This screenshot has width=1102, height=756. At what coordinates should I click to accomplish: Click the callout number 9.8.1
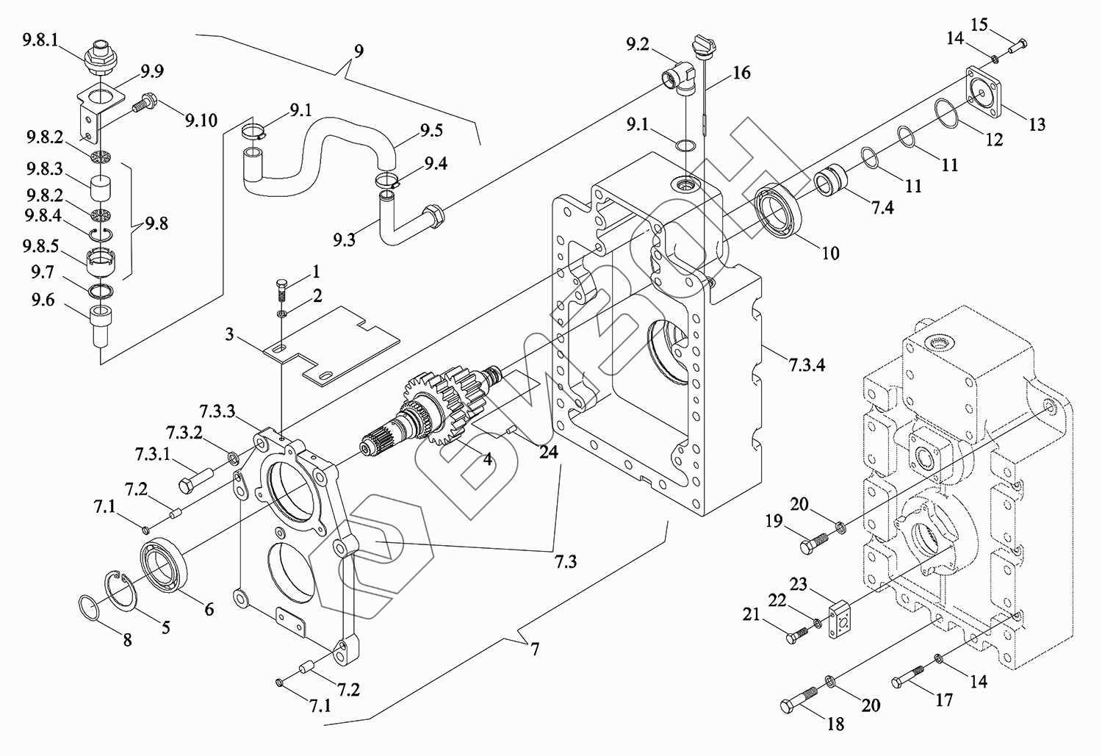pyautogui.click(x=40, y=40)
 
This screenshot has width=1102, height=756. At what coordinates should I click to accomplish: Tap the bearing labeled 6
pyautogui.click(x=164, y=565)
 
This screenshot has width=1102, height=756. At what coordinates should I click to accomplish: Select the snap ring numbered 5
pyautogui.click(x=123, y=591)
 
